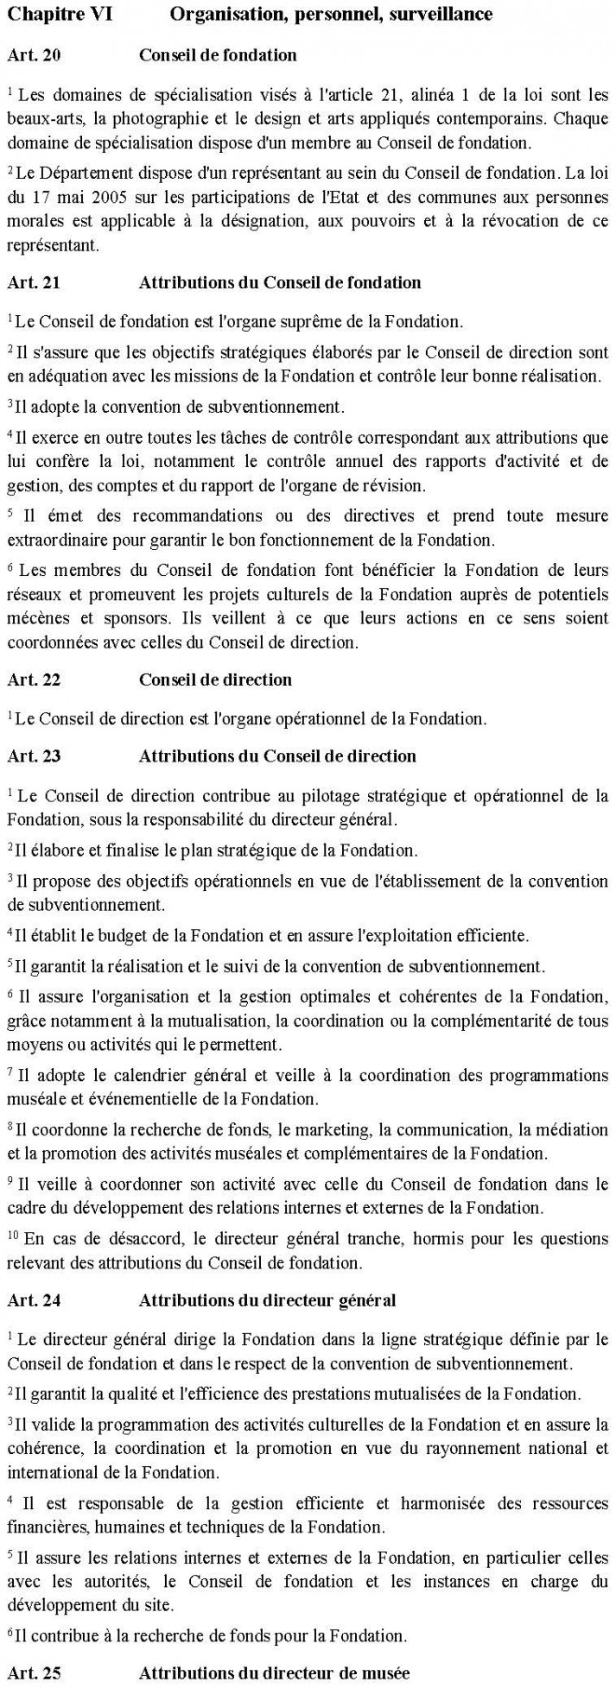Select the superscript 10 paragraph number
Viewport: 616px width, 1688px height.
point(12,1236)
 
